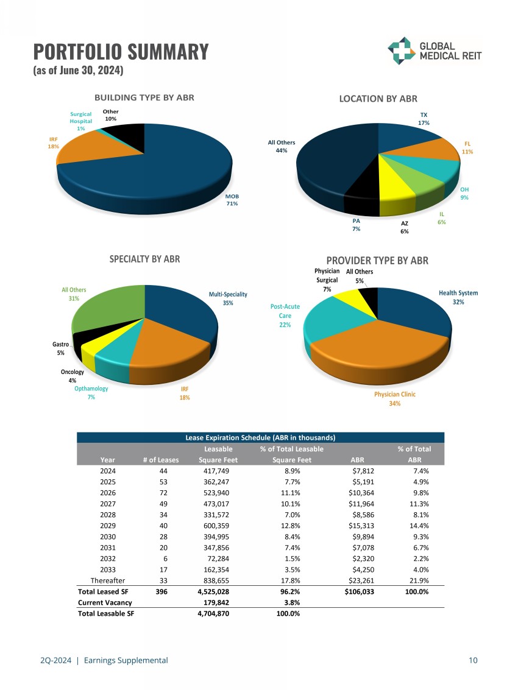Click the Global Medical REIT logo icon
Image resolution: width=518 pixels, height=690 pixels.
(x=400, y=51)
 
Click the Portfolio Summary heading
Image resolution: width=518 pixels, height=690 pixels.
(x=121, y=51)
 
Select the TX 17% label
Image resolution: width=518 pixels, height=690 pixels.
(x=424, y=119)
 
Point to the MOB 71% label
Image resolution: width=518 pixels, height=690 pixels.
(x=232, y=200)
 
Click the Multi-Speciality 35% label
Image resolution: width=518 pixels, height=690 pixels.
(x=228, y=298)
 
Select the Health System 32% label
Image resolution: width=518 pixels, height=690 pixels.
(x=458, y=297)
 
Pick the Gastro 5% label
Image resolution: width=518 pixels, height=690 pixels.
(x=61, y=348)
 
